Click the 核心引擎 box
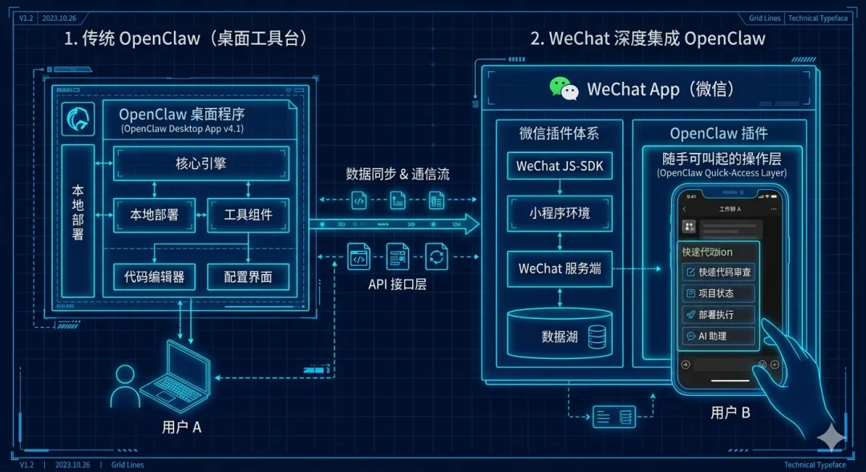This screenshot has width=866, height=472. [x=200, y=163]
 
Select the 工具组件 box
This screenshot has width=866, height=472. [x=247, y=214]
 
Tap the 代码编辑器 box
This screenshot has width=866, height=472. [x=154, y=276]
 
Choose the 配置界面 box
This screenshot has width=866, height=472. [x=247, y=276]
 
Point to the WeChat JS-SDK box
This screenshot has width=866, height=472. [x=560, y=166]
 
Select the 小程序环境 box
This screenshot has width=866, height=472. [x=560, y=213]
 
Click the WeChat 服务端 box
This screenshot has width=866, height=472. [x=560, y=268]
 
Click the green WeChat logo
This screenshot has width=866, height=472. [x=564, y=88]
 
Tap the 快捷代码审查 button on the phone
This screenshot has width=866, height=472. [x=718, y=272]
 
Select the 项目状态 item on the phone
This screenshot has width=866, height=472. [x=718, y=293]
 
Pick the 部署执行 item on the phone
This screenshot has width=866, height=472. [x=718, y=315]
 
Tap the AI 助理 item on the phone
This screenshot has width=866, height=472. [x=718, y=337]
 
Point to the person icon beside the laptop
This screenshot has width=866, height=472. [x=125, y=386]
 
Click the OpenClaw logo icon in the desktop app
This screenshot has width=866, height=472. [x=78, y=119]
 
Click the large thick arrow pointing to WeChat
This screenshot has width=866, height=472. [x=393, y=224]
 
